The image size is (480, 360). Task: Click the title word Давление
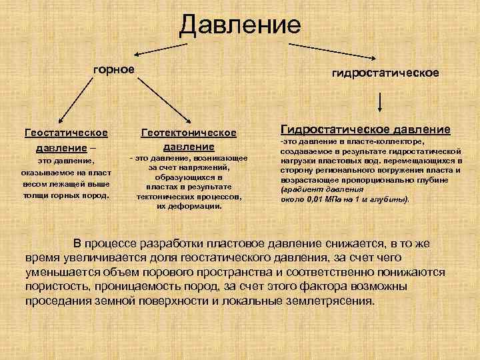click(x=240, y=25)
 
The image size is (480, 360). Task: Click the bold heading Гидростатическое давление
click(x=365, y=129)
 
